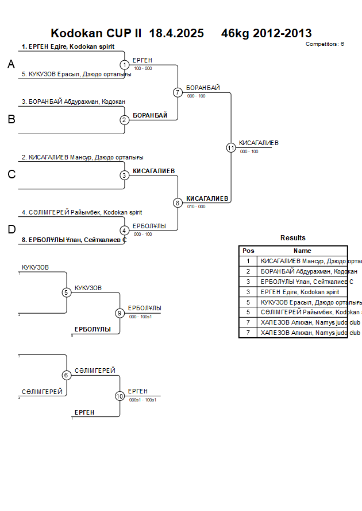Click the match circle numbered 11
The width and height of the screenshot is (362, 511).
point(231,147)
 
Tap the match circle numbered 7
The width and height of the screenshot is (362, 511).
point(178,92)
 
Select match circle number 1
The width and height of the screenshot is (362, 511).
point(125,65)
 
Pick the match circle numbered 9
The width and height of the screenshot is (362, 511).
point(120,313)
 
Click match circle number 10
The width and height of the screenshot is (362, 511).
point(120,396)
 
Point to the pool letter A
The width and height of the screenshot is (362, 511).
point(11,65)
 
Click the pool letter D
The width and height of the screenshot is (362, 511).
point(11,229)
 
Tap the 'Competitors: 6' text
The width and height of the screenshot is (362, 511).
point(325,44)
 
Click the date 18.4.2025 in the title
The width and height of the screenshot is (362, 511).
point(176,33)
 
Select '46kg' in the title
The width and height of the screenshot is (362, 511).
point(236,33)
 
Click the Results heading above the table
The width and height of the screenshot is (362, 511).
point(293,238)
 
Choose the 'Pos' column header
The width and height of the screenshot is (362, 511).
point(248,251)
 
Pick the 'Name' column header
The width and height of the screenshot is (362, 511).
point(302,251)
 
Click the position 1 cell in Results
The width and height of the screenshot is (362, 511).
point(248,261)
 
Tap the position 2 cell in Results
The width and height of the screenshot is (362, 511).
point(248,271)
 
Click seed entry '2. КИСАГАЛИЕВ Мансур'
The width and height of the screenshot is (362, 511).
point(83,157)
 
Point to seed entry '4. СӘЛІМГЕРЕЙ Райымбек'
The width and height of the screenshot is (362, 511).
point(82,212)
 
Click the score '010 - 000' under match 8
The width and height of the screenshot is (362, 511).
point(196,206)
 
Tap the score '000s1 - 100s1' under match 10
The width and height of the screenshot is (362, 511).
point(143,400)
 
